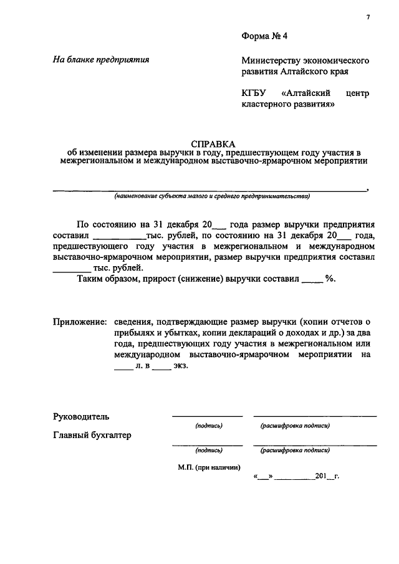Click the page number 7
368,17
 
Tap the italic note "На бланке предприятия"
101,60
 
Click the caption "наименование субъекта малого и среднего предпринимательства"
211,196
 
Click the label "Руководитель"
81,416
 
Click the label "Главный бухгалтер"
92,435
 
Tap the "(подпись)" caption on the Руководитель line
208,426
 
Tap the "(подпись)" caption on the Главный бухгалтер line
208,449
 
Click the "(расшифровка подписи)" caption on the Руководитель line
295,426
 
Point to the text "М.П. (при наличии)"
208,466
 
